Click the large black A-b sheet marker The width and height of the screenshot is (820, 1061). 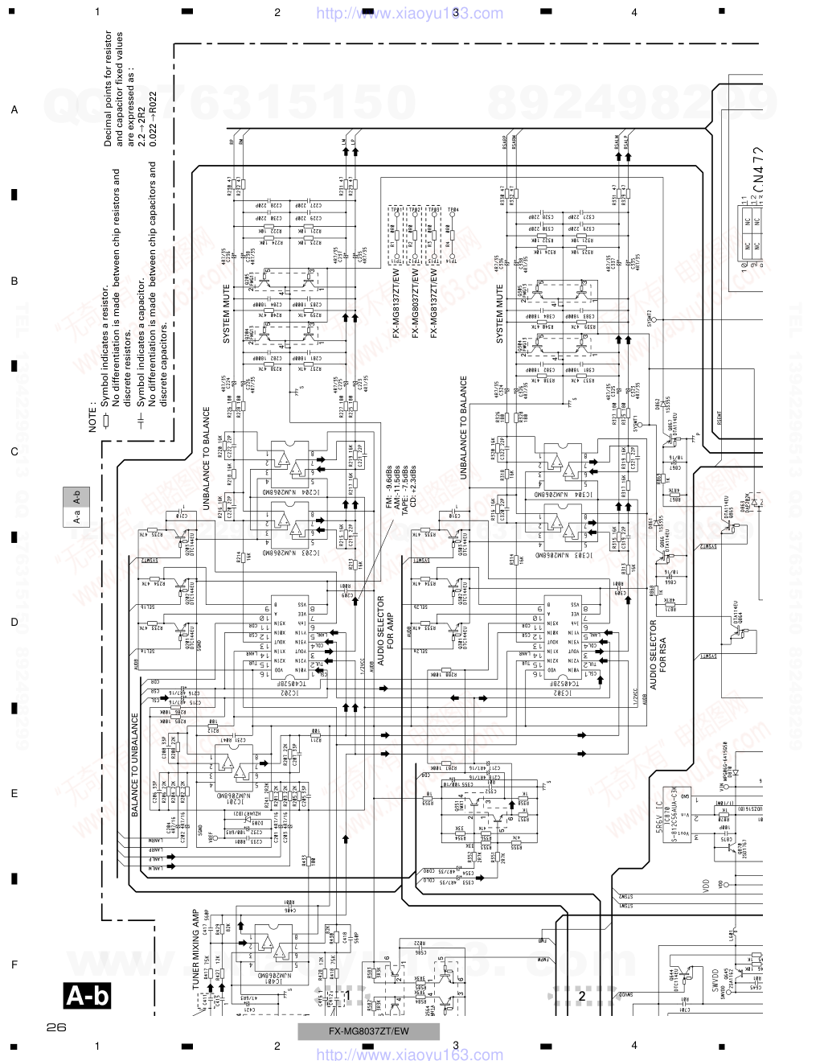click(x=87, y=997)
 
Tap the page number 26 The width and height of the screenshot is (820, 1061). click(x=55, y=1027)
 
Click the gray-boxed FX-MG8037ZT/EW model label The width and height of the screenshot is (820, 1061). click(x=368, y=1032)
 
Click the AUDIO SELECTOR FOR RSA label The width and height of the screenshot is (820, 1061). click(x=658, y=656)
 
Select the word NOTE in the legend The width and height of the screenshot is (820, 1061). click(x=93, y=417)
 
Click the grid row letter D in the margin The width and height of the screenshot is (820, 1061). click(x=14, y=623)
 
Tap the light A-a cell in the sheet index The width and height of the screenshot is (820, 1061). click(x=76, y=519)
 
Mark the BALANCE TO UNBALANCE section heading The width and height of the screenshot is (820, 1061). click(x=135, y=764)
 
